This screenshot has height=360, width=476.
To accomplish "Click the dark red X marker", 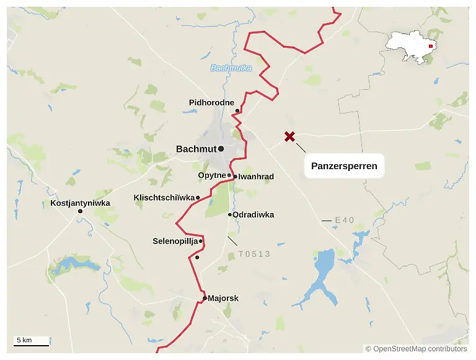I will [x=289, y=137].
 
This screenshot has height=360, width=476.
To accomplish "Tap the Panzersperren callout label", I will [x=344, y=166].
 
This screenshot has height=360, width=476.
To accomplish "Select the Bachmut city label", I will [x=196, y=149].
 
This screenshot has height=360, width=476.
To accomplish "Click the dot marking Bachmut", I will [x=221, y=149].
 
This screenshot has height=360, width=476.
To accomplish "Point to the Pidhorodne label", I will [x=211, y=102].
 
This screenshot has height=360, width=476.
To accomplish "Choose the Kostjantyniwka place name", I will [x=80, y=203].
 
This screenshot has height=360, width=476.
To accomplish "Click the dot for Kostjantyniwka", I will [x=80, y=212].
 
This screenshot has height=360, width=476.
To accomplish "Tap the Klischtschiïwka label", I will [x=164, y=198].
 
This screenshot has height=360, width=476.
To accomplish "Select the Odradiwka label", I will [x=253, y=215].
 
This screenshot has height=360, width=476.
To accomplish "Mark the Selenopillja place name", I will [x=175, y=240].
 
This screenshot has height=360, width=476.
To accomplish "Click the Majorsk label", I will [x=223, y=298].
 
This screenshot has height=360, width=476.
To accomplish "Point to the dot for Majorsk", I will [x=205, y=298].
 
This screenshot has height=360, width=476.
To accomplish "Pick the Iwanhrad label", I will [x=256, y=177].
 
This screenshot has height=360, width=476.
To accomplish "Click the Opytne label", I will [x=211, y=175].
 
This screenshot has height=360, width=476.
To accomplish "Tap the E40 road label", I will [x=345, y=220].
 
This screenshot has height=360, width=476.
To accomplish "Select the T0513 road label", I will [x=254, y=254].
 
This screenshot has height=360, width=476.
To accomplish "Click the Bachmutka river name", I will [x=231, y=68].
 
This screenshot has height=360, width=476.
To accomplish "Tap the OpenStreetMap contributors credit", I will [x=416, y=349].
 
